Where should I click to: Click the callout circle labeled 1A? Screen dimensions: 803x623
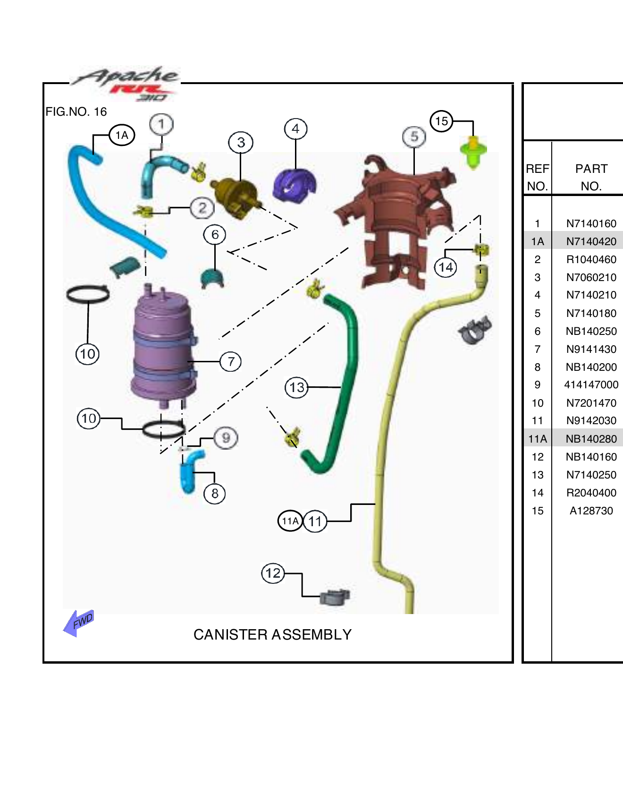122,136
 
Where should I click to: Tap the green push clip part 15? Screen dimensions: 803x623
473,151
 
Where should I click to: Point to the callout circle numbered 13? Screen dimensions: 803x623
296,388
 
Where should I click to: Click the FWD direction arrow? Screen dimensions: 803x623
78,623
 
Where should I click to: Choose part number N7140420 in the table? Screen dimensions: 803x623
591,241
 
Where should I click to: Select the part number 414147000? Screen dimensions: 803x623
591,384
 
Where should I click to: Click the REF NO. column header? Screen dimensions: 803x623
537,177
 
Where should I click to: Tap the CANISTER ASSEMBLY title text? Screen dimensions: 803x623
272,634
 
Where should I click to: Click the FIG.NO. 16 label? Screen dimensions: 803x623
76,112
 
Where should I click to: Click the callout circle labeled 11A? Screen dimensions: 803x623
290,521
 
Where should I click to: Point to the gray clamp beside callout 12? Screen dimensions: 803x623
335,597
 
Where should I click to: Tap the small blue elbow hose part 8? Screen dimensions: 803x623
191,470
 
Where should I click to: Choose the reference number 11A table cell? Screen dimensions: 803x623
537,439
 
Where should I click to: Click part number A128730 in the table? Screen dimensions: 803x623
591,511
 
